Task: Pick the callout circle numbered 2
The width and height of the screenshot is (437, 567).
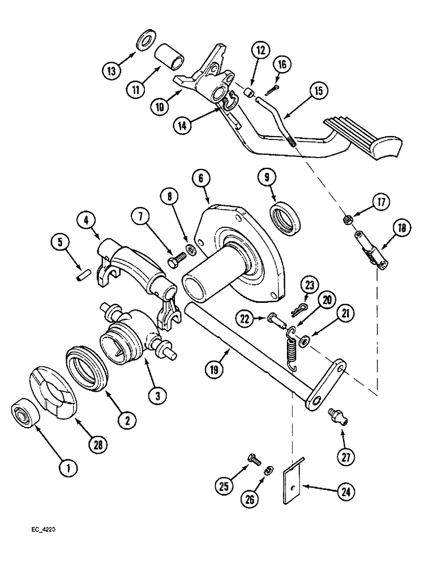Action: click(x=127, y=420)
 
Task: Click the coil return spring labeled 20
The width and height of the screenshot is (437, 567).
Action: click(x=290, y=347)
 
